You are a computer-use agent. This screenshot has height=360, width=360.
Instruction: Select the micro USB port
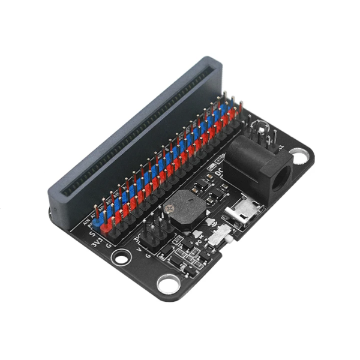(x=242, y=211)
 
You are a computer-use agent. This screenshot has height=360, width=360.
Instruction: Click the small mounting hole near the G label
(x=122, y=259)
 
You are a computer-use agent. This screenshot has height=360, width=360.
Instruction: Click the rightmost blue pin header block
(x=233, y=108)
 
